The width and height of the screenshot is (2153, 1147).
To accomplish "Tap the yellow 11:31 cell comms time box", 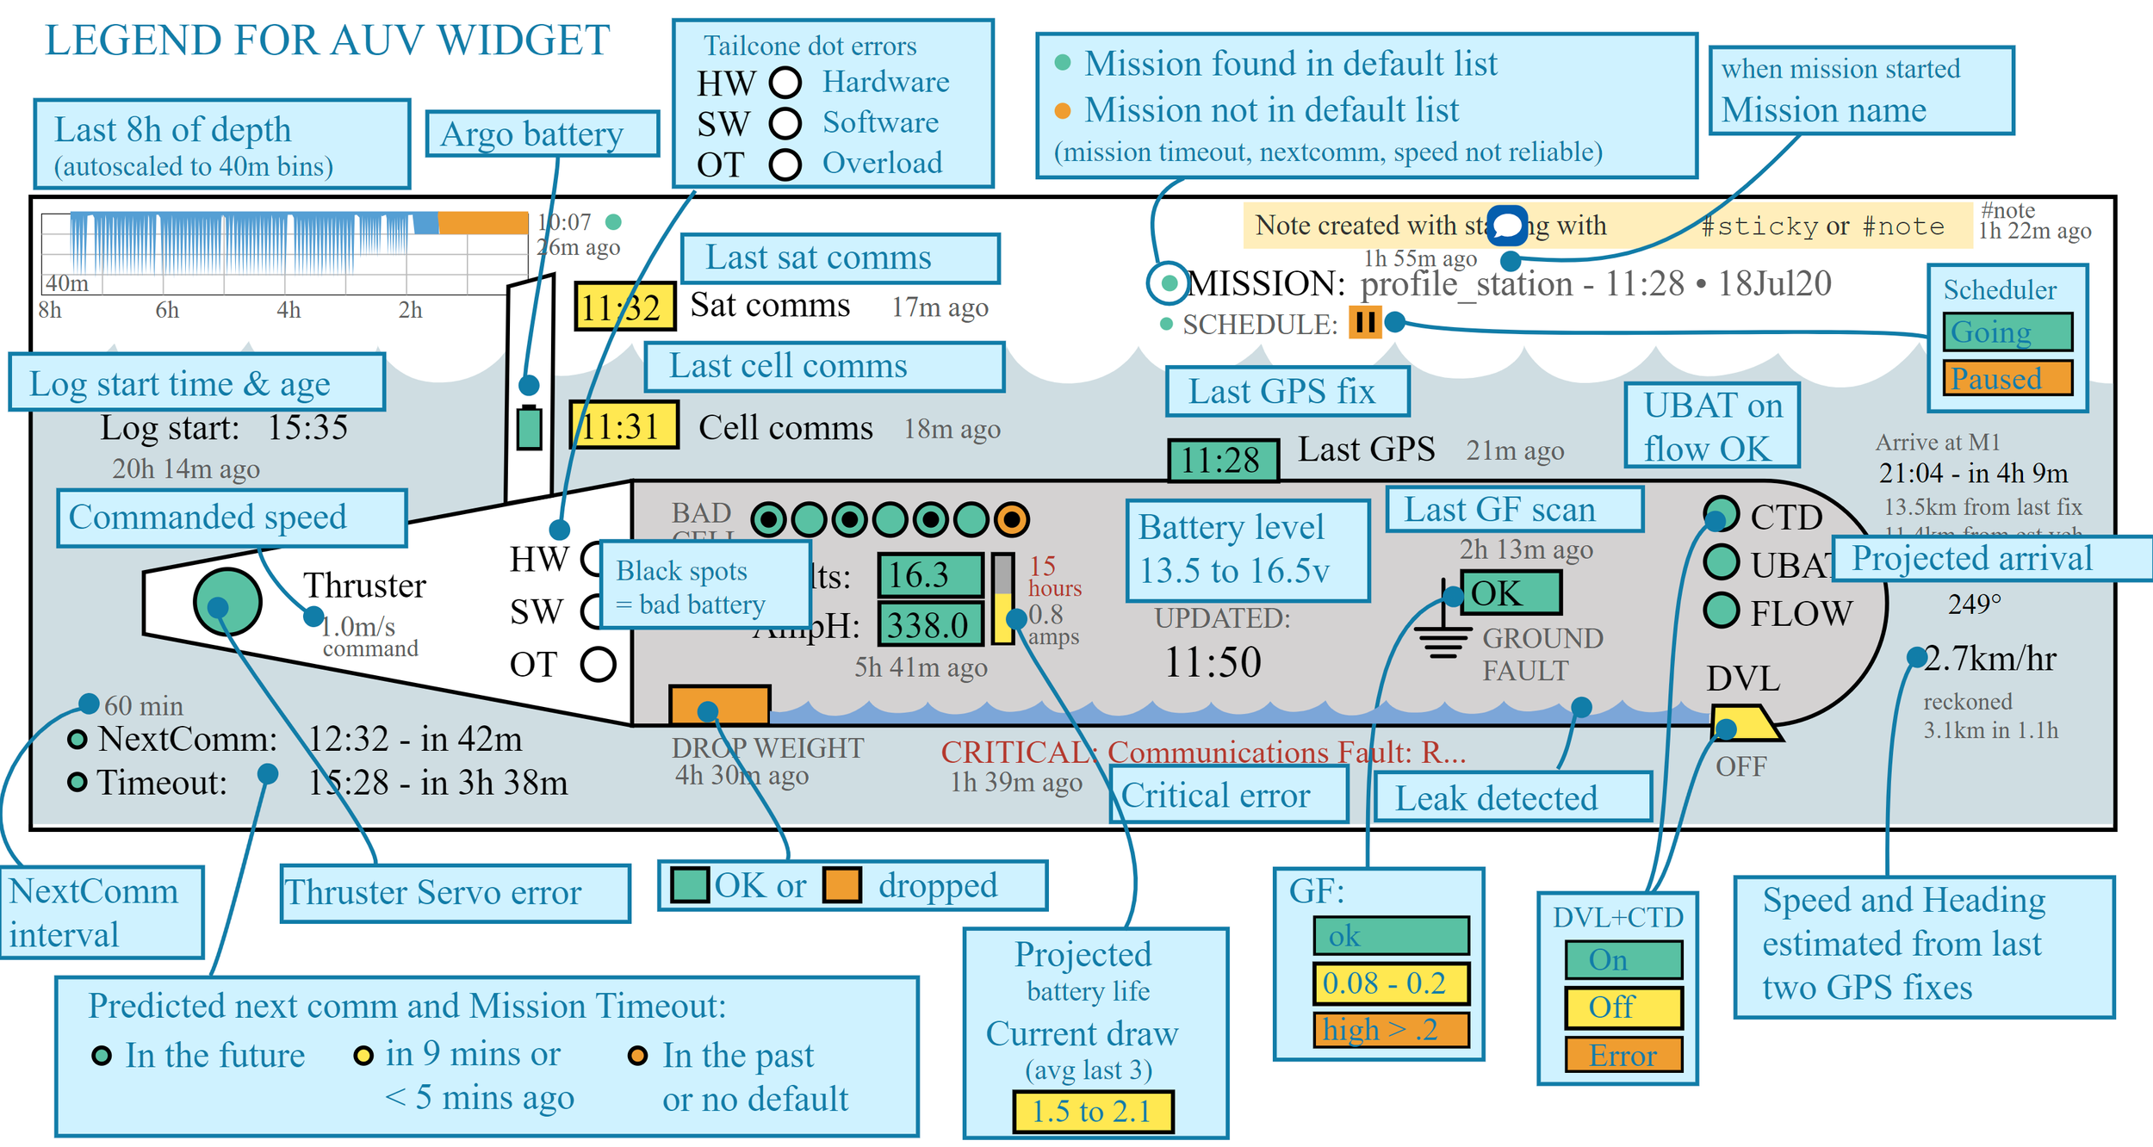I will coord(624,425).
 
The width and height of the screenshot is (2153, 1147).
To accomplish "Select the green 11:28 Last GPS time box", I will coord(1222,460).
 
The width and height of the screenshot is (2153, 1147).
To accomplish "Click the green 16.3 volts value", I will coord(929,575).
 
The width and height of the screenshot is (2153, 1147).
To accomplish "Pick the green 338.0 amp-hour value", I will coord(929,625).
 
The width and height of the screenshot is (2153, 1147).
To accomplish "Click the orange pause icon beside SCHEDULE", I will coord(1364,323).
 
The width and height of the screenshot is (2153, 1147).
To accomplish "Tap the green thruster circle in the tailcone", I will coord(227,602).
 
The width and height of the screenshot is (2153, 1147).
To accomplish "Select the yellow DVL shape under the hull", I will coord(1741,722).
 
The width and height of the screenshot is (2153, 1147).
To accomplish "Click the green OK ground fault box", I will coord(1510,593).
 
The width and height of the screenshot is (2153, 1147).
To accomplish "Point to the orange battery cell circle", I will coord(1011,519).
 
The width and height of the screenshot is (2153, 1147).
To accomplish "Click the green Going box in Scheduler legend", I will coord(2007,332).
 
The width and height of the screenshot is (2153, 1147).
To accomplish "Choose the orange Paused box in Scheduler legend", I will coord(2007,378).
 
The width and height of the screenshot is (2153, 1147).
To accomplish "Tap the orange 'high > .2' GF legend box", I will coord(1390,1030).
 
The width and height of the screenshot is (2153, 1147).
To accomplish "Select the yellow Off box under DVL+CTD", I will coord(1623,1007).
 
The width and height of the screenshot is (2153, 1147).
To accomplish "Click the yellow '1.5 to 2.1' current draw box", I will coord(1092,1112).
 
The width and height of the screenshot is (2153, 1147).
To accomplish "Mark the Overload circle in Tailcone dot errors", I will coord(785,164).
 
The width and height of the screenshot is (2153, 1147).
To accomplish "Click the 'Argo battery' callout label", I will coord(542,134).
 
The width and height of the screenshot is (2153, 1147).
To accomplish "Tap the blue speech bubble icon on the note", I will coord(1507,226).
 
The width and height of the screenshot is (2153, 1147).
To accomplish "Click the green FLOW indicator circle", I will coord(1721,611).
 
